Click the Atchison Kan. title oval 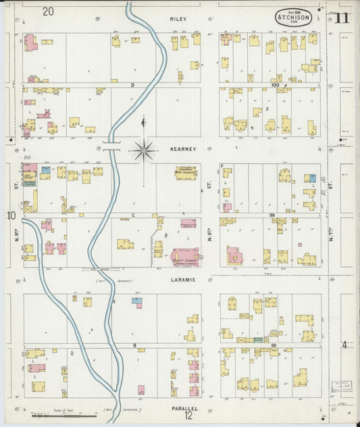[294, 18]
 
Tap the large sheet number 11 [341, 17]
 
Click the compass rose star [143, 150]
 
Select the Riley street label [178, 20]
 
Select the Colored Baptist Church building [186, 172]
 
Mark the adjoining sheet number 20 [47, 11]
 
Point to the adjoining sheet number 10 [11, 216]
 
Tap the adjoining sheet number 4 [344, 345]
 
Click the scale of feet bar [64, 416]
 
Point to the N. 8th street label [210, 233]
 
